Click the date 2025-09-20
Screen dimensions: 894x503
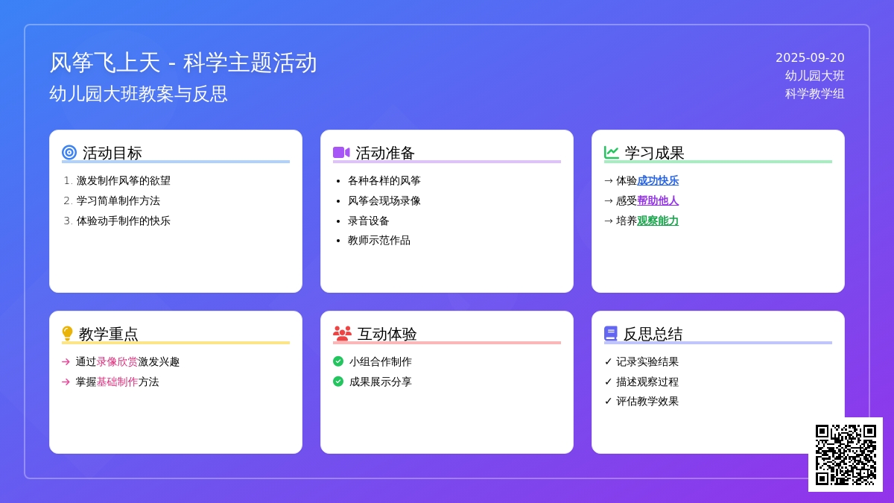(x=810, y=58)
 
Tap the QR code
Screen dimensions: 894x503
(x=846, y=455)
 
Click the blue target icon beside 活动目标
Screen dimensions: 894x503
(x=69, y=153)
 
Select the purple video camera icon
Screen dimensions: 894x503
(x=341, y=153)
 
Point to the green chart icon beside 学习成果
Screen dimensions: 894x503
(x=611, y=153)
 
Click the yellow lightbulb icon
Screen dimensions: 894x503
(x=67, y=333)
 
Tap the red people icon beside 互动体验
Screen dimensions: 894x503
(x=342, y=333)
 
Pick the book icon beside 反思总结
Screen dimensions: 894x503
(x=611, y=333)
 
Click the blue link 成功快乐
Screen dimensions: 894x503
(x=658, y=181)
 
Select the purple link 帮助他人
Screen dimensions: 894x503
(x=658, y=200)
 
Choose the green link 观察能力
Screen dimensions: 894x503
(x=658, y=221)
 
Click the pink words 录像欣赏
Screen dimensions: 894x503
(x=117, y=361)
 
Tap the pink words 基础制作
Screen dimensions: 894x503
(x=117, y=382)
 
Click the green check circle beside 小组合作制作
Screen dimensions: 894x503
(x=338, y=361)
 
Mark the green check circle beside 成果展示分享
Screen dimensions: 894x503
(x=338, y=382)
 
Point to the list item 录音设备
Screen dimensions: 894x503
(x=368, y=221)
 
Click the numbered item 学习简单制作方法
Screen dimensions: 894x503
(x=118, y=200)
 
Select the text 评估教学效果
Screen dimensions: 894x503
(x=647, y=401)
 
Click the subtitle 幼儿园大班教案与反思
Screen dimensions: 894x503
(x=138, y=94)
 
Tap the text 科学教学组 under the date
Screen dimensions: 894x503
(x=814, y=94)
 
